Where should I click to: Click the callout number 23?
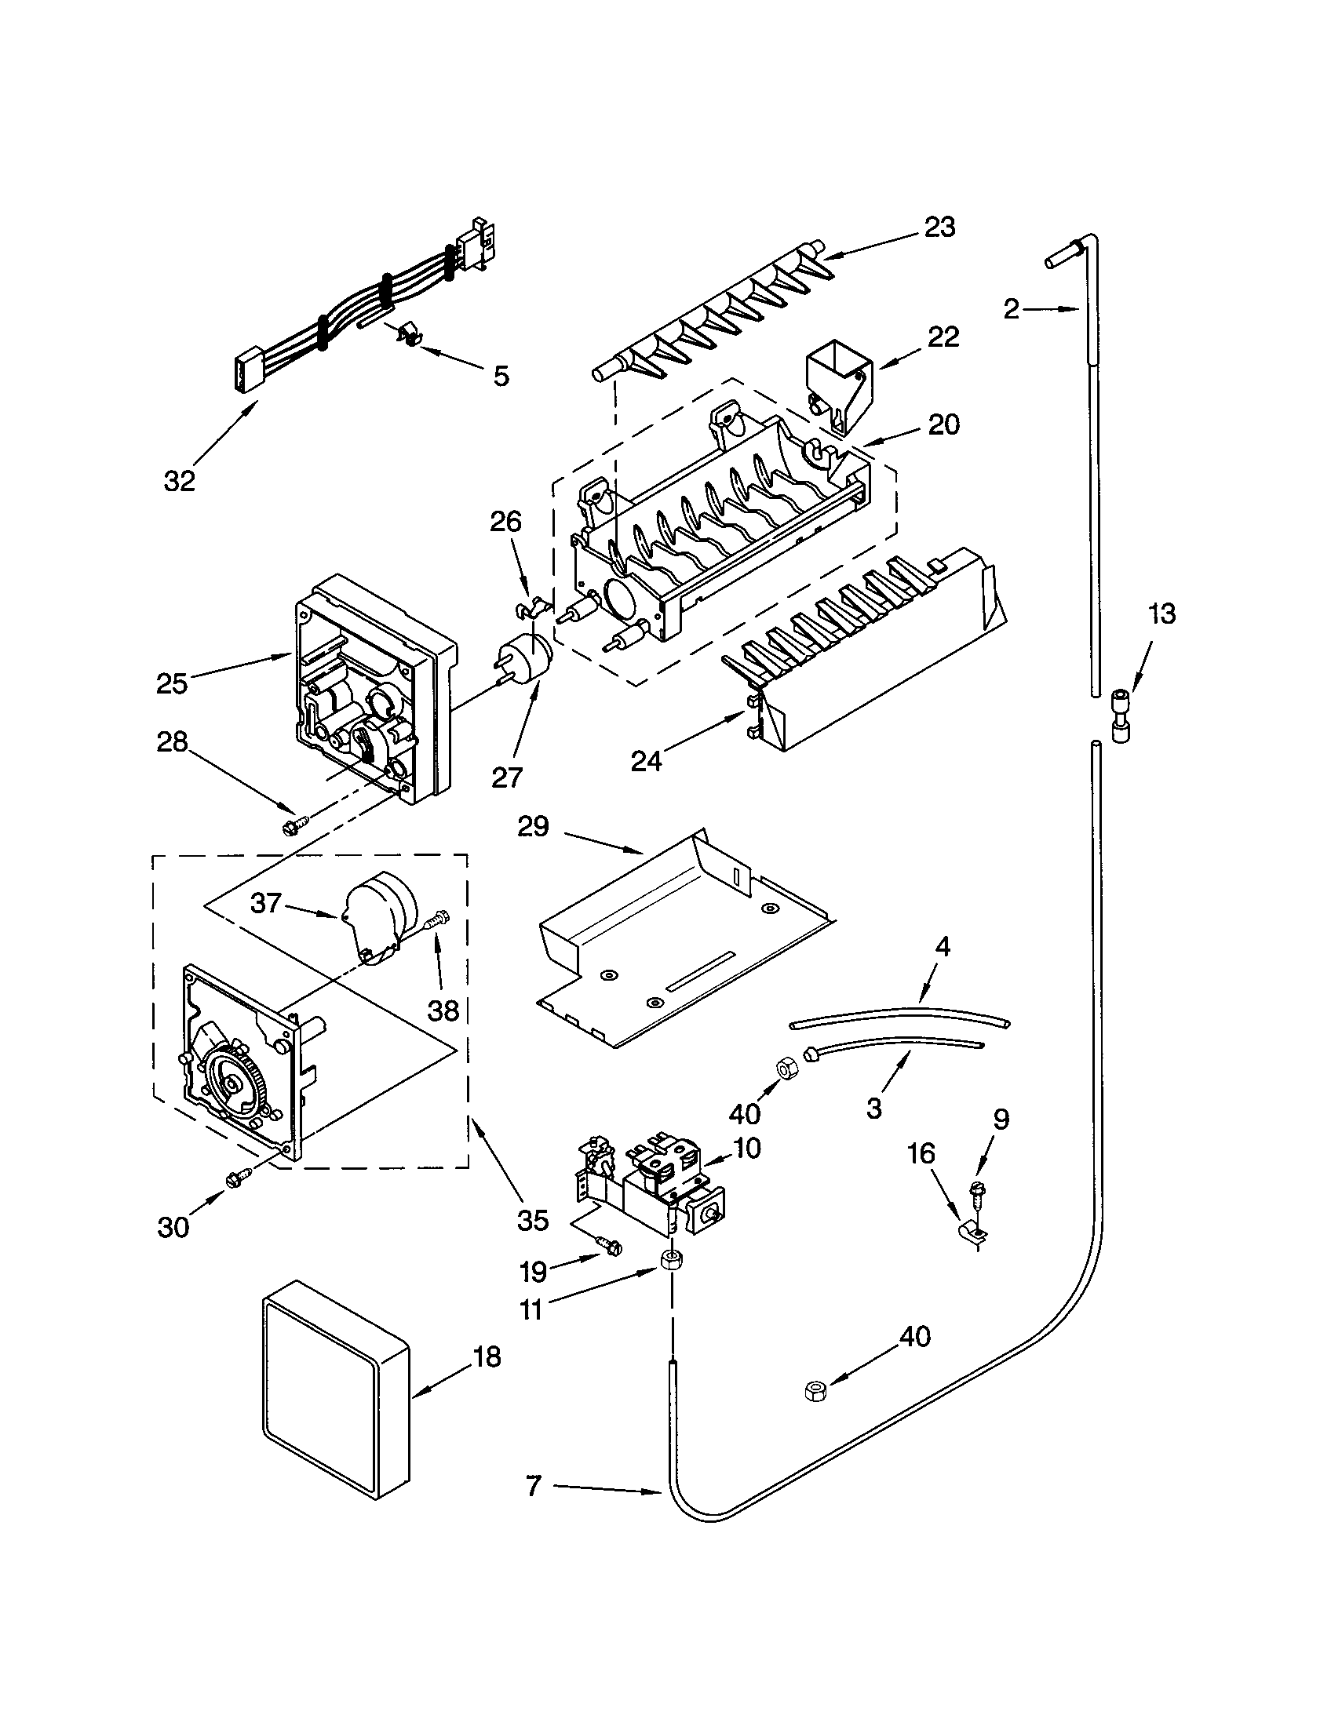[x=939, y=227]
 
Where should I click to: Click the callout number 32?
[x=180, y=480]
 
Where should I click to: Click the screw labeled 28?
[x=290, y=826]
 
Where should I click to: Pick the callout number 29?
[x=533, y=827]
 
